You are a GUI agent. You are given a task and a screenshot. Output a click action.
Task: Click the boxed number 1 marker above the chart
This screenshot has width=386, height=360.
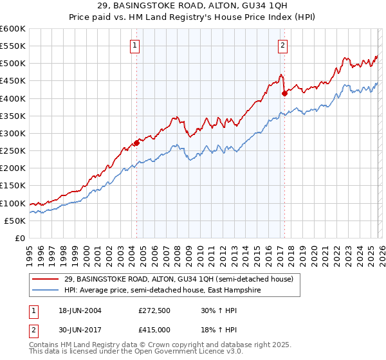point(136,45)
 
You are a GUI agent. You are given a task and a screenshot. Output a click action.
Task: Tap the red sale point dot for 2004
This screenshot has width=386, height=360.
point(136,143)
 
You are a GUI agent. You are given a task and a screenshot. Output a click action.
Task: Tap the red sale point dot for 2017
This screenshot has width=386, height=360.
point(284,93)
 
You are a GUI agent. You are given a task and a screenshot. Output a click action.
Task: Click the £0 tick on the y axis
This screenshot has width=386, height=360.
point(19,238)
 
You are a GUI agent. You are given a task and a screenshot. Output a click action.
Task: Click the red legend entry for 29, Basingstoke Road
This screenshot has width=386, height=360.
point(178,279)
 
